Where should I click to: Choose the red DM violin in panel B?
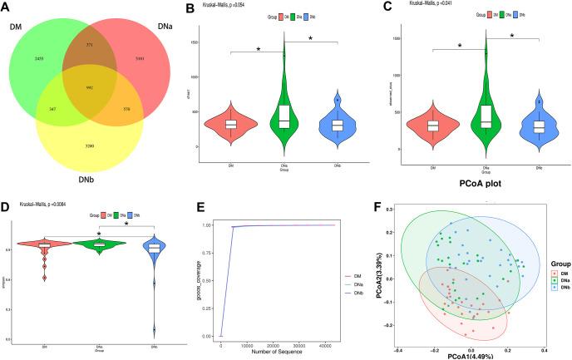231,125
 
